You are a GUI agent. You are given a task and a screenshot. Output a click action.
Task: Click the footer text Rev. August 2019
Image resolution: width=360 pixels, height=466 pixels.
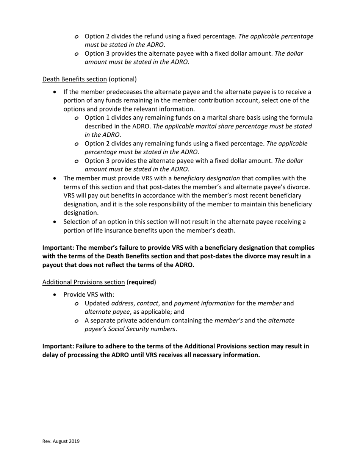tap(61, 441)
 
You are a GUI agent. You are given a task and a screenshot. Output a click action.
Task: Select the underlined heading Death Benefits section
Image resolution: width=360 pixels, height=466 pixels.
tap(74, 79)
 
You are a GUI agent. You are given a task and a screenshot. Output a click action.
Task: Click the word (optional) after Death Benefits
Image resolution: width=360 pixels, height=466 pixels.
tap(123, 79)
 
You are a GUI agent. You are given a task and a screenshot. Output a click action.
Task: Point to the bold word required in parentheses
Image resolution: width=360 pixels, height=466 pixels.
tap(141, 282)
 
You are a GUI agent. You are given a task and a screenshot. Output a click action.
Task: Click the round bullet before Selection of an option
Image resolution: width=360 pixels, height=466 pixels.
tap(56, 222)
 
